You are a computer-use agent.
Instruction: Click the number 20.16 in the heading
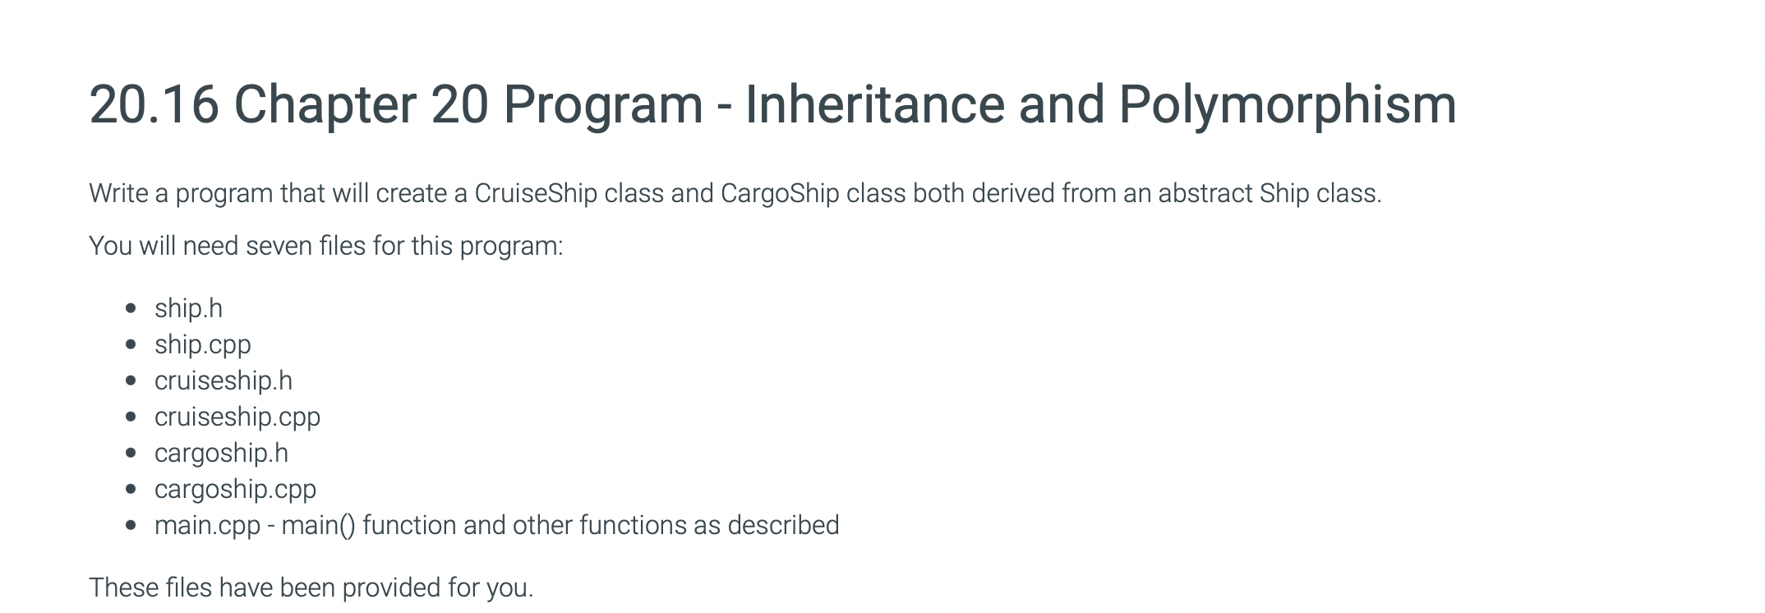tap(154, 105)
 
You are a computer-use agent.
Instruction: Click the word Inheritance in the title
tap(874, 105)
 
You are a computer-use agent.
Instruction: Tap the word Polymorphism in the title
tap(1288, 105)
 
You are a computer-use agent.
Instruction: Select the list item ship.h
tap(188, 308)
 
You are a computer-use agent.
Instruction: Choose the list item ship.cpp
tap(202, 344)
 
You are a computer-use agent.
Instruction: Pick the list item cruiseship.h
tap(223, 380)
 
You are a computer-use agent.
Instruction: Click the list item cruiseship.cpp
tap(237, 417)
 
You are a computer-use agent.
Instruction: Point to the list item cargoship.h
tap(221, 453)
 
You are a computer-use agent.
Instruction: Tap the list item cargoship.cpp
tap(235, 489)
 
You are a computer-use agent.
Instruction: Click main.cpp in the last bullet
tap(207, 525)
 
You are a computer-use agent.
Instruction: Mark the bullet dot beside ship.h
tap(131, 309)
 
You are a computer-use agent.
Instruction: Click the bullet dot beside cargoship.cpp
tap(131, 490)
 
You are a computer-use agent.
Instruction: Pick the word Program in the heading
tap(603, 105)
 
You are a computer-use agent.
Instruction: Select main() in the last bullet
tap(318, 525)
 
